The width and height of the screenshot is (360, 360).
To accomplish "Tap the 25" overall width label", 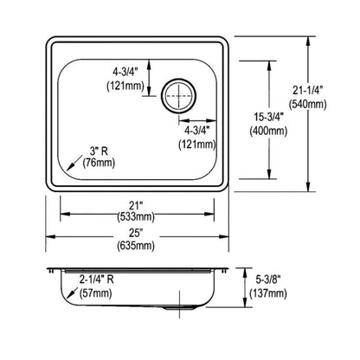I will tap(138, 231).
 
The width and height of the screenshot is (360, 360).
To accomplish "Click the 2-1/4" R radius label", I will tap(97, 280).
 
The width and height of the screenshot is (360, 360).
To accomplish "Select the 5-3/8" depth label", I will tap(280, 280).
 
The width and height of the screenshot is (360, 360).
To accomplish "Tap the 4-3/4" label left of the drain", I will tap(124, 70).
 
